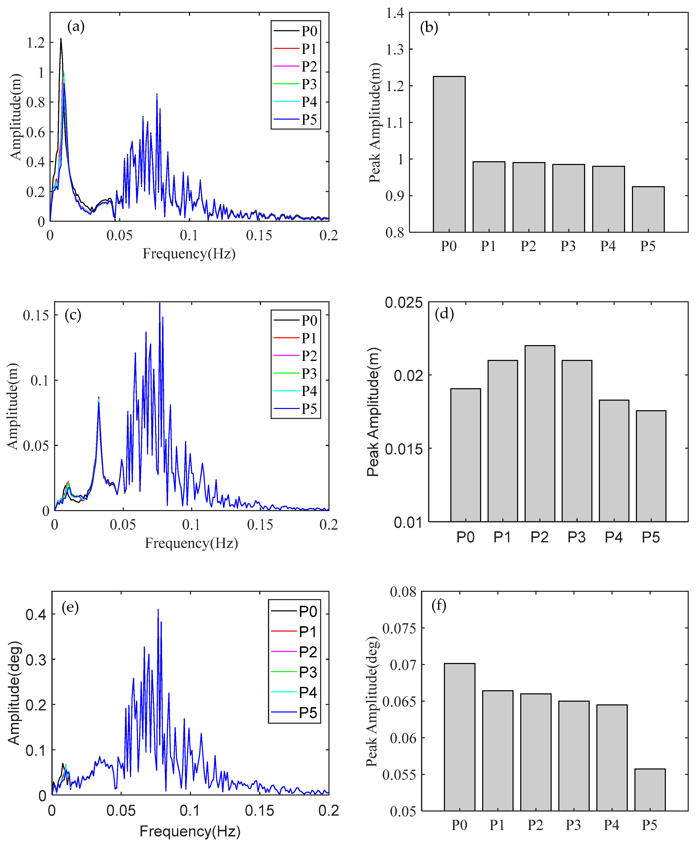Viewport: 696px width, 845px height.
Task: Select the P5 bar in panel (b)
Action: pyautogui.click(x=648, y=209)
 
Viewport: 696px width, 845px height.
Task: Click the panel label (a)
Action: pyautogui.click(x=76, y=27)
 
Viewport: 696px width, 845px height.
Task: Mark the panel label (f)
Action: pyautogui.click(x=439, y=605)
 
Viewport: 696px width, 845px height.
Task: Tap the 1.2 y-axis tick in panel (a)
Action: pyautogui.click(x=36, y=42)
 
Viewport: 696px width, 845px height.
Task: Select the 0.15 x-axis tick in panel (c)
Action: pyautogui.click(x=260, y=525)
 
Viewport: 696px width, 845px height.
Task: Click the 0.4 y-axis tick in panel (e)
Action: pyautogui.click(x=36, y=615)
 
